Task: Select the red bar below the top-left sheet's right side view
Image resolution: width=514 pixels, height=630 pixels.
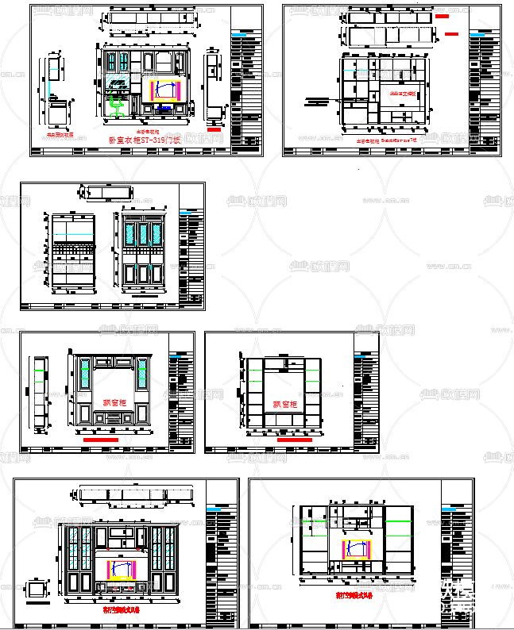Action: (214, 129)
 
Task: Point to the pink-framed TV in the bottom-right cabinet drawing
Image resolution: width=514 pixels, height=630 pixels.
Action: (357, 549)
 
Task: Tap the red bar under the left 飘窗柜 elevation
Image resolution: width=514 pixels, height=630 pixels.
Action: (100, 438)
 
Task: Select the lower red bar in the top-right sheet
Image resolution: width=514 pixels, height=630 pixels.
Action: (452, 34)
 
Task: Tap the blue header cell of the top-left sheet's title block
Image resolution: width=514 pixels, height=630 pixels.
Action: (246, 37)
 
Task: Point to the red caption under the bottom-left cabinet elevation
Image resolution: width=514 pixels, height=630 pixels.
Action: (120, 610)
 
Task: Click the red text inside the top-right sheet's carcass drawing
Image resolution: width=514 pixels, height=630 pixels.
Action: (402, 92)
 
